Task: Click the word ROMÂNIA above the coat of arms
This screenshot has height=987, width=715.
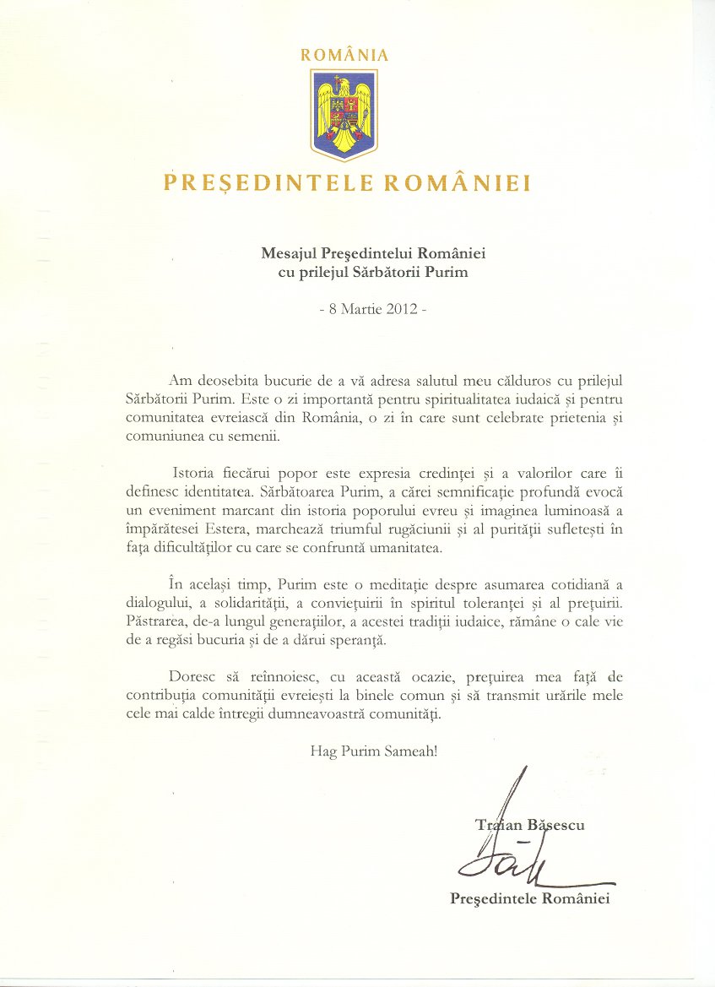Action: tap(344, 55)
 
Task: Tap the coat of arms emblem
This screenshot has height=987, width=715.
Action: tap(344, 114)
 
